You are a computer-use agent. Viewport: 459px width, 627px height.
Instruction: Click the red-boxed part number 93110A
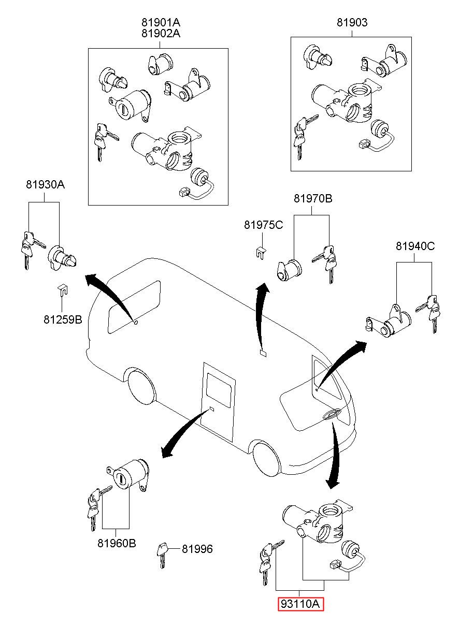click(x=300, y=603)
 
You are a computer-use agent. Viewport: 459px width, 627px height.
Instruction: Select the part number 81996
click(x=197, y=549)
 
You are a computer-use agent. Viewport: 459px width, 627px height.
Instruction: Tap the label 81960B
click(x=117, y=543)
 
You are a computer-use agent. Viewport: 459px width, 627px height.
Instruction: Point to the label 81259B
click(x=63, y=319)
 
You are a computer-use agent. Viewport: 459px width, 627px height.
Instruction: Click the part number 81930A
click(x=45, y=185)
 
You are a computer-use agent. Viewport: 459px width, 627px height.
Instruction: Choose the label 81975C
click(x=263, y=225)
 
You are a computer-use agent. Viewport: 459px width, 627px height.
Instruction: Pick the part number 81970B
click(x=313, y=199)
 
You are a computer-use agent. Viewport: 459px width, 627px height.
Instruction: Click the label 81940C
click(x=415, y=246)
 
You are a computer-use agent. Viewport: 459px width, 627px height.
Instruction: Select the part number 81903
click(x=352, y=22)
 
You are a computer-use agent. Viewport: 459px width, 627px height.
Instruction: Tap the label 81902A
click(x=161, y=33)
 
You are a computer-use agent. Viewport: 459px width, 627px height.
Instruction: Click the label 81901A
click(x=161, y=22)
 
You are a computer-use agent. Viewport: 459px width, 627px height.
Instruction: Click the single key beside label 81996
click(x=162, y=555)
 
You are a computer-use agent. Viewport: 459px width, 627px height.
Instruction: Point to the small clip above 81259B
click(x=63, y=290)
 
